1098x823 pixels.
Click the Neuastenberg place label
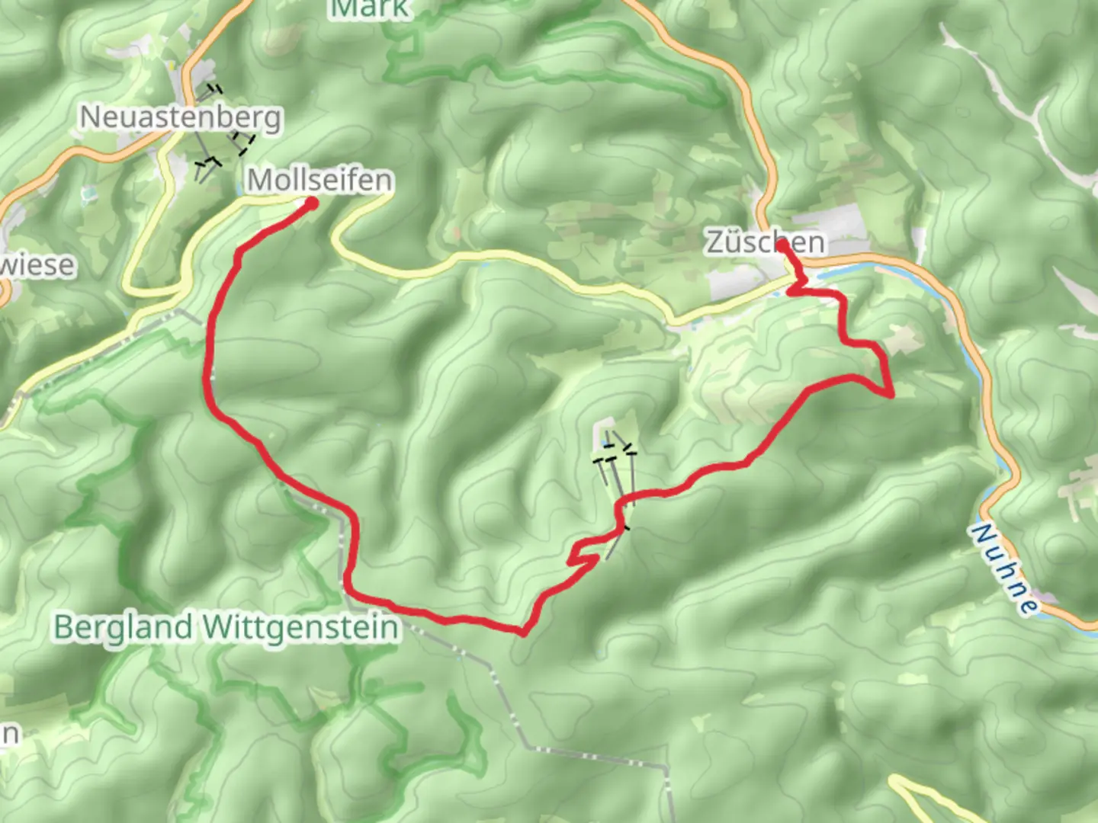[181, 117]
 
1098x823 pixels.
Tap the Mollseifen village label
[320, 180]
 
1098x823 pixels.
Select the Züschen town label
[765, 242]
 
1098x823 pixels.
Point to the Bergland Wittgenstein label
[226, 627]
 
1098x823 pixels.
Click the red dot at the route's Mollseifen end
[311, 203]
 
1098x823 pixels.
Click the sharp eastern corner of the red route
[891, 395]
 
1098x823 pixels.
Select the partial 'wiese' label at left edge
[38, 265]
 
